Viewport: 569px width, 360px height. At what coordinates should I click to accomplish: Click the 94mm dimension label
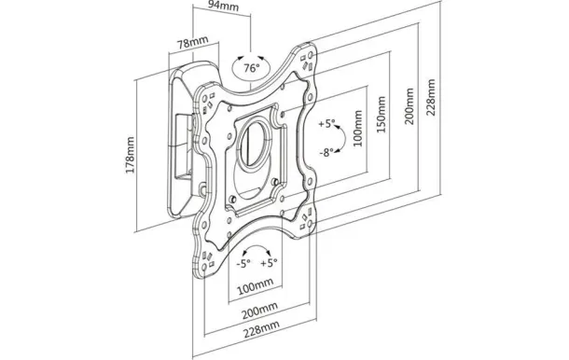(x=223, y=7)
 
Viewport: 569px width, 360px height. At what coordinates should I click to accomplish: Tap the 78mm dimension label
(x=193, y=43)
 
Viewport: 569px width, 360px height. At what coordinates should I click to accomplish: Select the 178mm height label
(x=131, y=155)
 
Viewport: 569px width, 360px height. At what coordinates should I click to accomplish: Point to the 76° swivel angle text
(x=252, y=68)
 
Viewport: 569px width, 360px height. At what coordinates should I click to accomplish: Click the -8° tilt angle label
(x=326, y=153)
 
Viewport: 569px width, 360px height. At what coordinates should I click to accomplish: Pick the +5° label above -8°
(x=326, y=123)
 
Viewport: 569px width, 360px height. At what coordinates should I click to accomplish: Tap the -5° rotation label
(x=243, y=263)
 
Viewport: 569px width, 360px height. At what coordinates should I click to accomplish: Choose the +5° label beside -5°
(x=269, y=262)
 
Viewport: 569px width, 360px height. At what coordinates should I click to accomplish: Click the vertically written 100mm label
(x=358, y=129)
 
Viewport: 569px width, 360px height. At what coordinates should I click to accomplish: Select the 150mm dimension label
(x=381, y=115)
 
